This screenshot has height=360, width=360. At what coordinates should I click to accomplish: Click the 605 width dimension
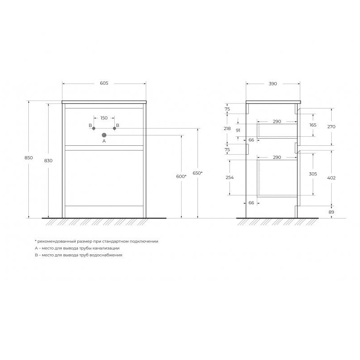(x=104, y=83)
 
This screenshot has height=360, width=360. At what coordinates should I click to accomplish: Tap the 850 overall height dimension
(x=29, y=158)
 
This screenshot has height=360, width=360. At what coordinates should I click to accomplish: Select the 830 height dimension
(x=48, y=161)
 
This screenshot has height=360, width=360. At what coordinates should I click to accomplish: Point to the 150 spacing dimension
(x=104, y=118)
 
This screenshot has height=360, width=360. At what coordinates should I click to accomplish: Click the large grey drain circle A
(x=104, y=135)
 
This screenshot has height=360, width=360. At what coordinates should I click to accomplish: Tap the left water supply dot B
(x=94, y=128)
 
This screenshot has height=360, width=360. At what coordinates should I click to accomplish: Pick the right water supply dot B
(x=114, y=128)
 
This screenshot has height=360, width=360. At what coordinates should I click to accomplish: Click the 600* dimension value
(x=181, y=176)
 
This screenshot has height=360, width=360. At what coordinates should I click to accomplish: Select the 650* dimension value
(x=198, y=173)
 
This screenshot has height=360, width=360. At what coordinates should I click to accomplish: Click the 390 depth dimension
(x=273, y=84)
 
